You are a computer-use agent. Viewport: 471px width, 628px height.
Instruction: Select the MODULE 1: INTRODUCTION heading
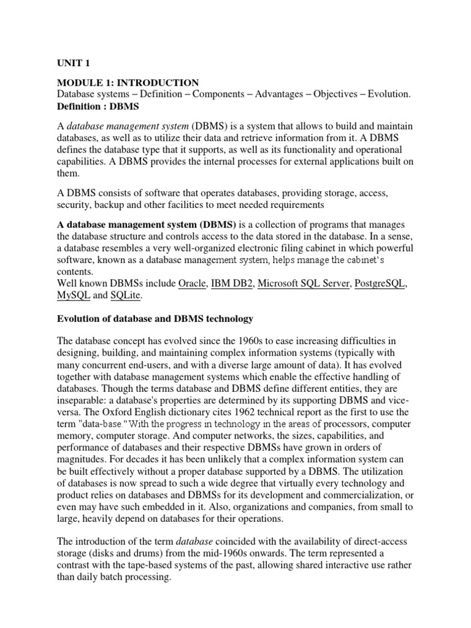click(x=128, y=83)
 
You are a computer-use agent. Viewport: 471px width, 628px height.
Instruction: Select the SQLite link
click(x=126, y=296)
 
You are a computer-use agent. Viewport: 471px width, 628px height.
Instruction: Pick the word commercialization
click(x=352, y=494)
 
